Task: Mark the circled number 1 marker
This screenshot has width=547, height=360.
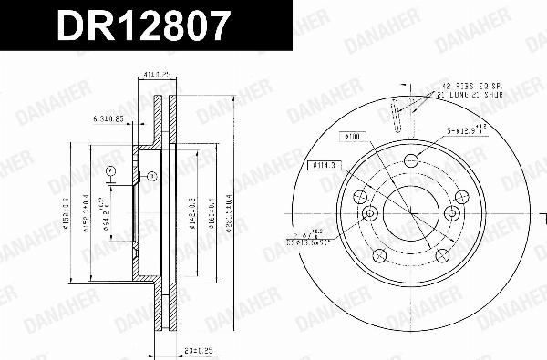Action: [152, 177]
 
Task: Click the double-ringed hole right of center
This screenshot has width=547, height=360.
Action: [450, 214]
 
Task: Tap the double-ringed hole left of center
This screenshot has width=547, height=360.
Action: [369, 214]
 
